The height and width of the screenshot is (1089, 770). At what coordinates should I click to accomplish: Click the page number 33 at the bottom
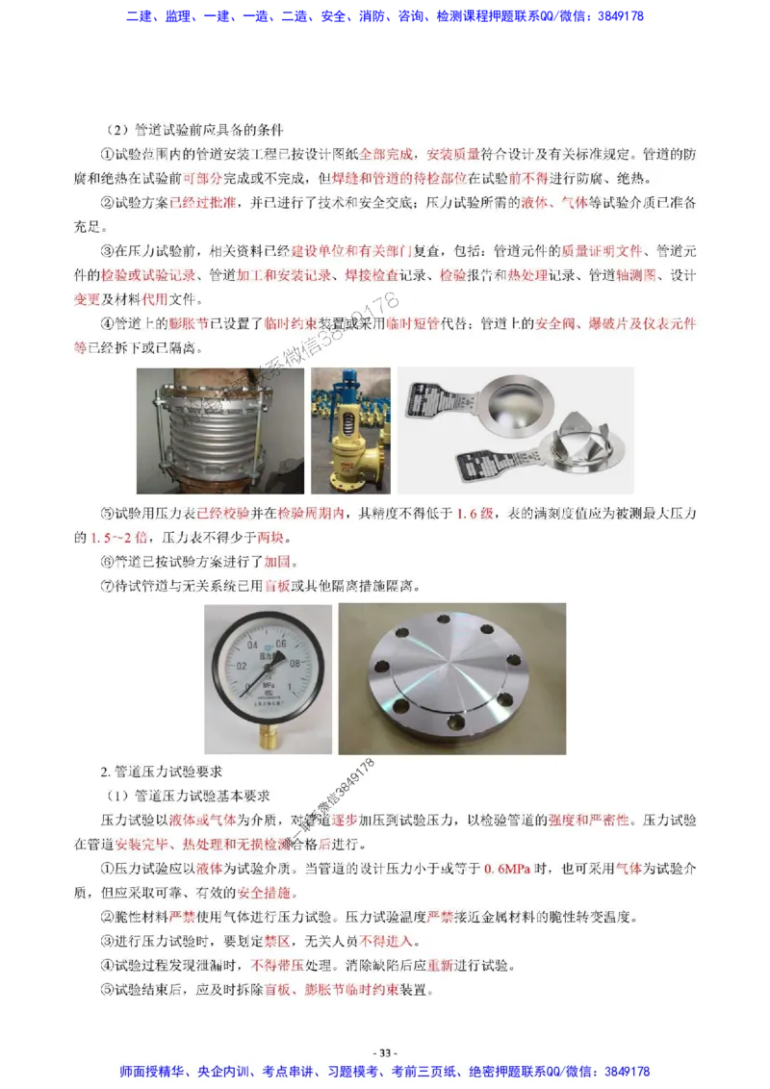[385, 1052]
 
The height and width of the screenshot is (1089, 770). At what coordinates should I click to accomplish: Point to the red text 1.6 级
[475, 511]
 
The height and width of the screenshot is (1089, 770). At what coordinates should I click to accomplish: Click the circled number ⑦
[107, 585]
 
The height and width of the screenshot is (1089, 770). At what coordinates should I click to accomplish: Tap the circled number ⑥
[107, 561]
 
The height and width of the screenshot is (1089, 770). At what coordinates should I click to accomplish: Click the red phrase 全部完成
[386, 154]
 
